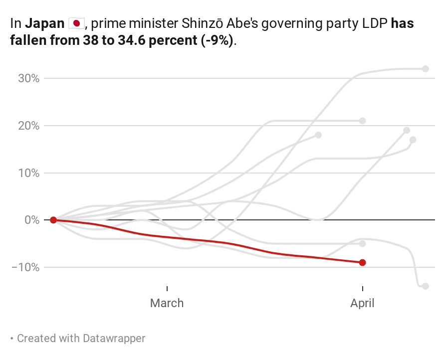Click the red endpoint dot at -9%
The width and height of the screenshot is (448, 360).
363,262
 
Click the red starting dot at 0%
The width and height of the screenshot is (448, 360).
53,220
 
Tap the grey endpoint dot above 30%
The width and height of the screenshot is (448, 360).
426,69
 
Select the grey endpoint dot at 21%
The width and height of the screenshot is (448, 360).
363,121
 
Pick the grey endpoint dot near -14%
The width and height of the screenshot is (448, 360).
426,286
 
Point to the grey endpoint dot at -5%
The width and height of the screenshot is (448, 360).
363,244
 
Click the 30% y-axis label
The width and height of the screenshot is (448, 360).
28,78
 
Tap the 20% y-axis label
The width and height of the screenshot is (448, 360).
28,126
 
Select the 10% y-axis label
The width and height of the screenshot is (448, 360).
28,173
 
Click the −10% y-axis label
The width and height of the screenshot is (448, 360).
25,267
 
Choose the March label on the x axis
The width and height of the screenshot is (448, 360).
167,303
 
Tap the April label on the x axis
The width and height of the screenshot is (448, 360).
363,303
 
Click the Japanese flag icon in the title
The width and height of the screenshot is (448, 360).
76,23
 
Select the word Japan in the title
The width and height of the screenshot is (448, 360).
44,23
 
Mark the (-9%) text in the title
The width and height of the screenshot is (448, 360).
217,40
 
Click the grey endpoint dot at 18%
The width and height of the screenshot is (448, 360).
318,135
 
